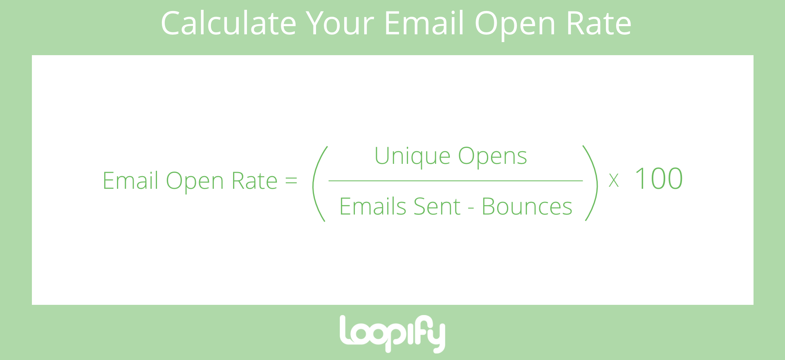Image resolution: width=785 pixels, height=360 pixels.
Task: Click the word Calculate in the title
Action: [228, 23]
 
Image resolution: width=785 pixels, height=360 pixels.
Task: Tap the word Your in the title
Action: [340, 23]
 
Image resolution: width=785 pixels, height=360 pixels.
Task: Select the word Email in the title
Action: [424, 23]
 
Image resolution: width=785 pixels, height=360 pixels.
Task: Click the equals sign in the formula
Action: [291, 181]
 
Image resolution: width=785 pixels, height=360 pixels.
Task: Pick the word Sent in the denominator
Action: [437, 206]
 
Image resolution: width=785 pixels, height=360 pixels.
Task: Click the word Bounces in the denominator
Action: [527, 206]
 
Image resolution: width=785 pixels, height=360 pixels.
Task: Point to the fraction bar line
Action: [455, 181]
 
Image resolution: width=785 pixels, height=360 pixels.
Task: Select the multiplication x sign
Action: [613, 180]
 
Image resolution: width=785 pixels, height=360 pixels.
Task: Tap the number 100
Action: [658, 179]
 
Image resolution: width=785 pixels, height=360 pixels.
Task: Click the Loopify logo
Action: [392, 333]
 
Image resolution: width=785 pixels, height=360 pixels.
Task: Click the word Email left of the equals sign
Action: [130, 181]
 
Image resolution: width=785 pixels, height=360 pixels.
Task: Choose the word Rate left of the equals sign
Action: [254, 181]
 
